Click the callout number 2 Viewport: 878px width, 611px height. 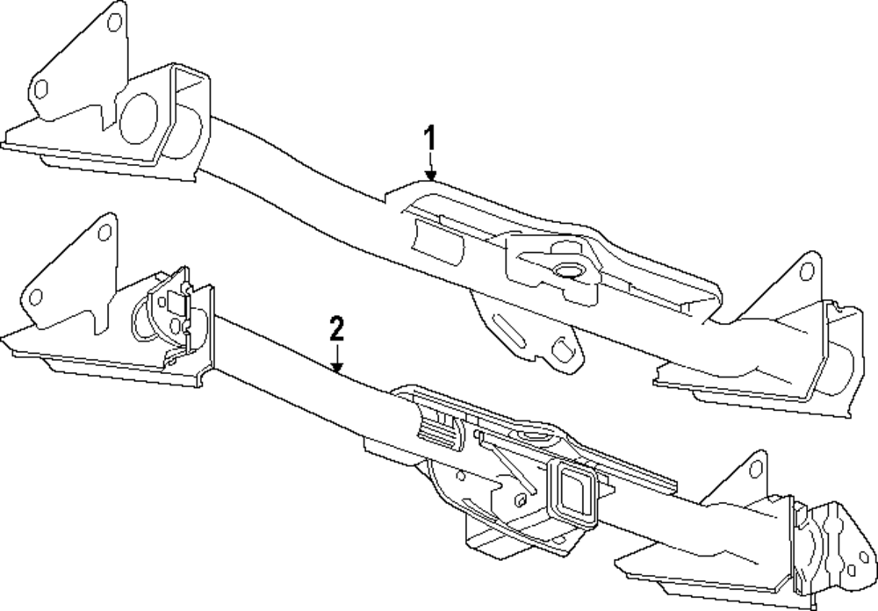pyautogui.click(x=336, y=328)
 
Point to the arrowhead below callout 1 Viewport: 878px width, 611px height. pyautogui.click(x=430, y=176)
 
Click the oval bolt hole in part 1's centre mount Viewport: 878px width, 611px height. pyautogui.click(x=565, y=269)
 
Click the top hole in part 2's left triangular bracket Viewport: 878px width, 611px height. pyautogui.click(x=105, y=233)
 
